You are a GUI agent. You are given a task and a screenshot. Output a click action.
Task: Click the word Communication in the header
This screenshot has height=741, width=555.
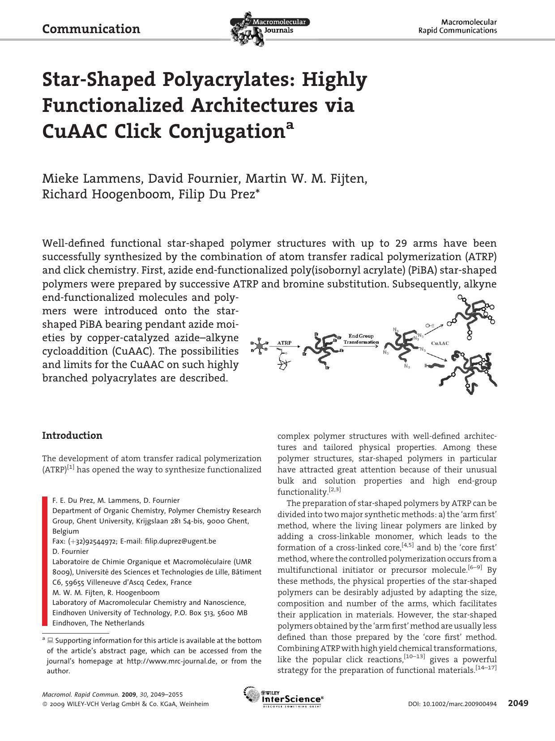91,29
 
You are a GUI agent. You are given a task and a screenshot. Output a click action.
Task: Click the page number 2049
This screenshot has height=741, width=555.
518,703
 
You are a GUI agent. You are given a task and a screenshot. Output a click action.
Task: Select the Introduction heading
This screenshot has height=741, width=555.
72,436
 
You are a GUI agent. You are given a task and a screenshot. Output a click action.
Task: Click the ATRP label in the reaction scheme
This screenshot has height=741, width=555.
285,343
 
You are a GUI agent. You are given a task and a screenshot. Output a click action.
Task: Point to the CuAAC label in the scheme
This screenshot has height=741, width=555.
440,343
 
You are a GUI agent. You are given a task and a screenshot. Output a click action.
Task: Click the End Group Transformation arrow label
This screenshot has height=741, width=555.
361,339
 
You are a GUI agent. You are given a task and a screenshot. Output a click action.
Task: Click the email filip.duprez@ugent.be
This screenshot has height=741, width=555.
180,541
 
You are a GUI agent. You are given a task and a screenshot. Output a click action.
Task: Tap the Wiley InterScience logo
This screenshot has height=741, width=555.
283,697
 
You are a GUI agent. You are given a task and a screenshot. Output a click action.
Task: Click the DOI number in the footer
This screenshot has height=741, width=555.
452,704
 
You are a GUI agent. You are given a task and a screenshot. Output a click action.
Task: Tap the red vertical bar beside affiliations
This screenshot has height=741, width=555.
44,561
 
